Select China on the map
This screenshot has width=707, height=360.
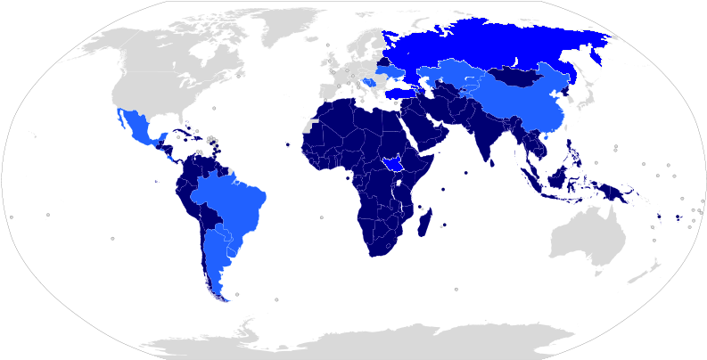[x=526, y=102]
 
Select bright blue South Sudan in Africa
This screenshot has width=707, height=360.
[x=390, y=162]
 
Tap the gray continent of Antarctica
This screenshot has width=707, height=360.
[x=357, y=343]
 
